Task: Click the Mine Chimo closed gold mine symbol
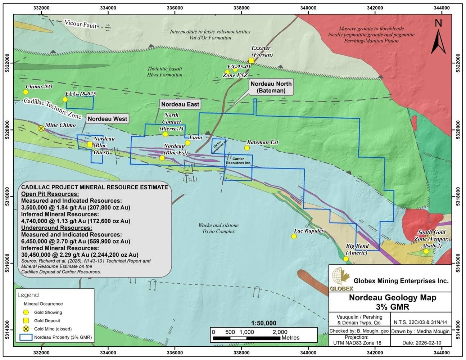click(x=41, y=129)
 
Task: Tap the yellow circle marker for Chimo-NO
click(x=26, y=92)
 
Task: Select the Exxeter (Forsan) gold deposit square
click(x=251, y=61)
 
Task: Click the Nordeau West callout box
click(x=107, y=119)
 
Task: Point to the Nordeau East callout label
click(x=180, y=104)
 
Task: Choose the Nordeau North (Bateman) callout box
click(x=271, y=87)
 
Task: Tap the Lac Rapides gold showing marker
click(x=294, y=237)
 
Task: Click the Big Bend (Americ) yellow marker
click(x=346, y=259)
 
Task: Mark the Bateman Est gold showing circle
click(x=247, y=148)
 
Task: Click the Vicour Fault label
click(x=81, y=24)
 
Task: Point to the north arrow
click(x=438, y=39)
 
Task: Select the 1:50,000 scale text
click(x=264, y=323)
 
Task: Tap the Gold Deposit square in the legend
click(x=26, y=321)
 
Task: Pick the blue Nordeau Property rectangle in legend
click(x=26, y=337)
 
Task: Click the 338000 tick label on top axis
click(x=241, y=8)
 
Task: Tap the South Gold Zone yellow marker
click(x=426, y=251)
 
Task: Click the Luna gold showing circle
click(x=187, y=143)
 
